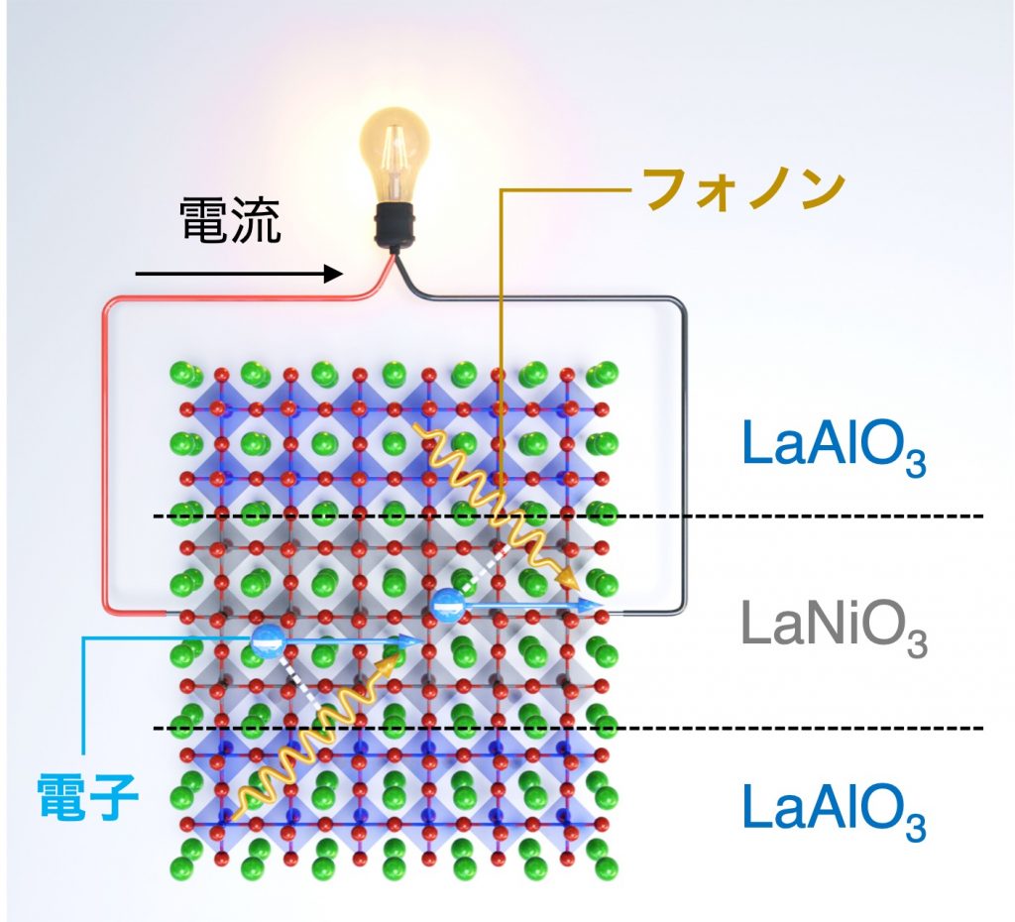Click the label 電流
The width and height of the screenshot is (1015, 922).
(x=230, y=220)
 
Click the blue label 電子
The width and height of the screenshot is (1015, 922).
(x=86, y=797)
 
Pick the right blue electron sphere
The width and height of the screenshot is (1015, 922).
(x=447, y=604)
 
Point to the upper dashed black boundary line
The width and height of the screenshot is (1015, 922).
(x=793, y=516)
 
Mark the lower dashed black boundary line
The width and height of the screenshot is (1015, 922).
(x=793, y=729)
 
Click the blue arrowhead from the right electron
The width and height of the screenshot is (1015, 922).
(x=596, y=604)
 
